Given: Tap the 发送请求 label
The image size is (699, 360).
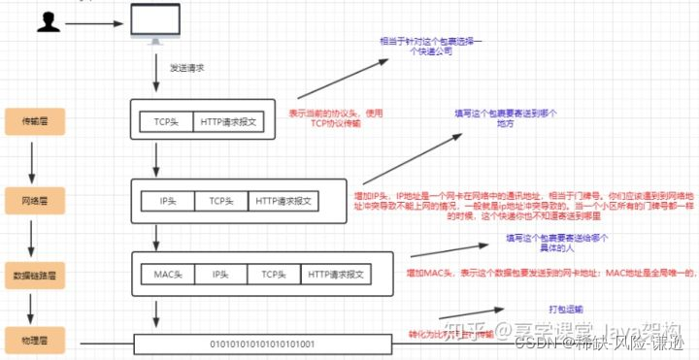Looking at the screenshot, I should pyautogui.click(x=187, y=69).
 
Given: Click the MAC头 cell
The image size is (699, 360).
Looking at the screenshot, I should pyautogui.click(x=168, y=274).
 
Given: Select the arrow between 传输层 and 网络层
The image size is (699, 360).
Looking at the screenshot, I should pyautogui.click(x=32, y=159).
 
